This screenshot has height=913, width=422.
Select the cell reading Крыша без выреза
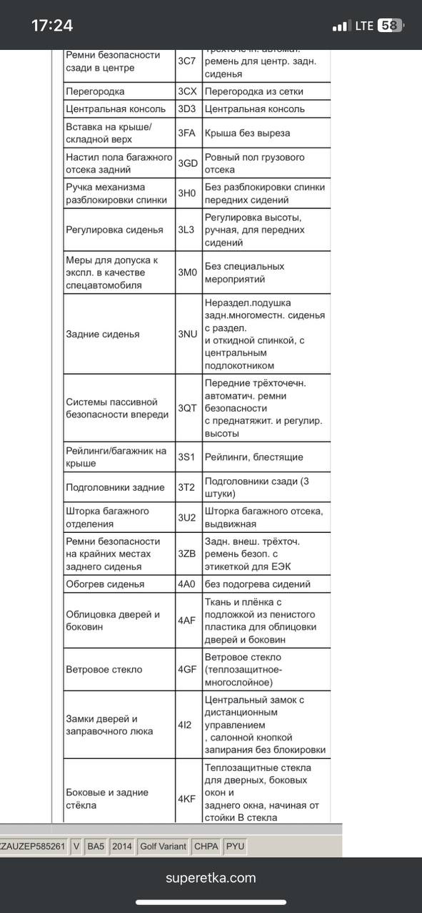point(247,133)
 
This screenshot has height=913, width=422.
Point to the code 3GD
point(188,163)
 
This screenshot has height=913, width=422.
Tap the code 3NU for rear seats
point(188,334)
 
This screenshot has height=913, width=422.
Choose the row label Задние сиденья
point(103,334)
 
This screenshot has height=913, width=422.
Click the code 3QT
point(187,408)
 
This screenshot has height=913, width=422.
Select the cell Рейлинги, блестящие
point(253,456)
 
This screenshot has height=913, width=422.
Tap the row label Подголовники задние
point(115,487)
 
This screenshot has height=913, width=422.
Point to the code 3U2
point(186,517)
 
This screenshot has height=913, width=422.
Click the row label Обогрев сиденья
point(105,583)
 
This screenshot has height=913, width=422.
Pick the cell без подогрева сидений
point(257,583)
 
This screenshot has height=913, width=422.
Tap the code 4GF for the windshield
point(187,669)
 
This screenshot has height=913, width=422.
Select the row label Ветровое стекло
point(104,669)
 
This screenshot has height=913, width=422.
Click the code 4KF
point(186,799)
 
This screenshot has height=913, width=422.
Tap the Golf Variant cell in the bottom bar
point(163,847)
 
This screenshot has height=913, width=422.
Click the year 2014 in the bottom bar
point(122,847)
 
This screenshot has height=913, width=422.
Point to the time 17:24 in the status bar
point(52,26)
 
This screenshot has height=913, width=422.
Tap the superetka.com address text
point(211,878)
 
